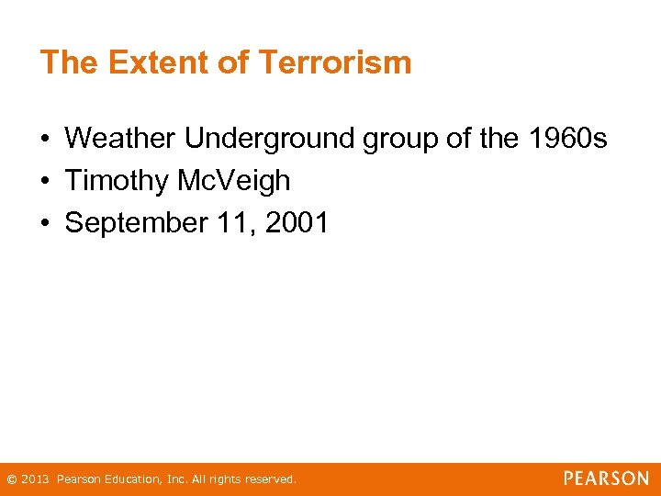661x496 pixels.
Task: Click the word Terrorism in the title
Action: pos(335,62)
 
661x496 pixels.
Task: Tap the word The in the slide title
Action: pos(70,62)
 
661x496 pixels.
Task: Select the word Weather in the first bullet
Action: pos(120,139)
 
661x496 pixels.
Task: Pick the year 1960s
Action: pos(567,139)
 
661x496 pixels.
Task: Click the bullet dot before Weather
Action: pos(44,140)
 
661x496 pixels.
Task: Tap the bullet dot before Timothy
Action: pos(44,182)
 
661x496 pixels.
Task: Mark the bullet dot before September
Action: pos(44,224)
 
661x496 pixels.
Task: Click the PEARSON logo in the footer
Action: pos(606,479)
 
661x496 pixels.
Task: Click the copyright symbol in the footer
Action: pos(11,479)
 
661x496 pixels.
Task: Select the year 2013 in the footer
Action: pos(36,479)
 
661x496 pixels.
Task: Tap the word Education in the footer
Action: pos(130,479)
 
